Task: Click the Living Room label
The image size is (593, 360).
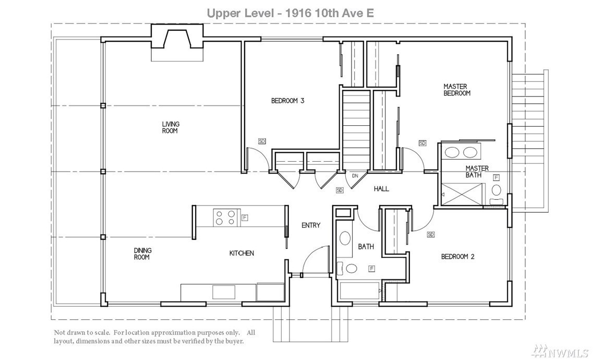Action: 170,127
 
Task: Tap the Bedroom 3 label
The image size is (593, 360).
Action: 288,101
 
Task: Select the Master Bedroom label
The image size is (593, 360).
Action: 457,90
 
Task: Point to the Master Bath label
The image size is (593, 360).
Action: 477,171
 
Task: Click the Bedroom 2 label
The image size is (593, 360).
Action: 457,256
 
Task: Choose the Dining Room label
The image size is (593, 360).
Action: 142,254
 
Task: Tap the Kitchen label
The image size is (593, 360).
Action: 241,253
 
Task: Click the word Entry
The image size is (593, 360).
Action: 311,225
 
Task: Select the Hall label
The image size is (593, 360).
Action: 381,189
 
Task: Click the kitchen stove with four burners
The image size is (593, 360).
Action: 226,218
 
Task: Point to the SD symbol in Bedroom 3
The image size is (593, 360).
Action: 262,141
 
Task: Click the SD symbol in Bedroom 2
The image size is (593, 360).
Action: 430,234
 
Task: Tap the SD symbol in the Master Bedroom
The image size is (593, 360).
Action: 422,143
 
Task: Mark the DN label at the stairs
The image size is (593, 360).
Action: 355,176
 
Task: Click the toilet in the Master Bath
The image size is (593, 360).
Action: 497,194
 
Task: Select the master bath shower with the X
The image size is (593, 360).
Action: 463,195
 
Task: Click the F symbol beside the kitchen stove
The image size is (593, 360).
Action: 245,218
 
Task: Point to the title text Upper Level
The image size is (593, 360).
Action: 240,13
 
